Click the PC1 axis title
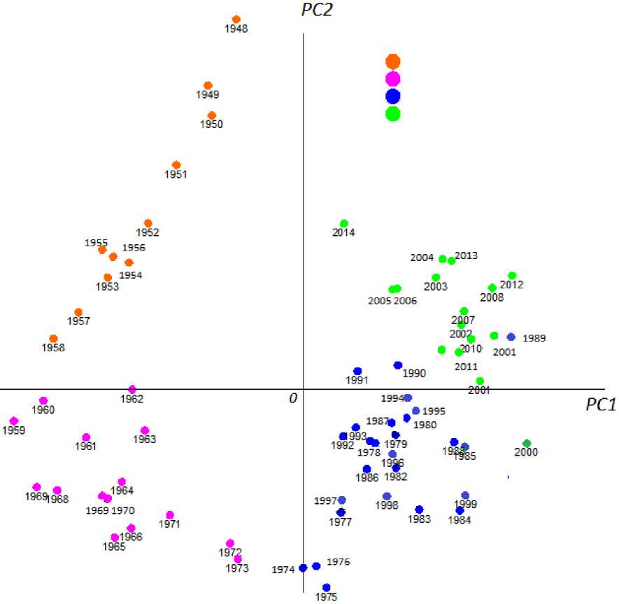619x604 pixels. pos(601,405)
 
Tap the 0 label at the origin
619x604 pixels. pos(293,398)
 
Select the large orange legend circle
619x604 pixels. pos(393,62)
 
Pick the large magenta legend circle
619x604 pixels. pos(393,79)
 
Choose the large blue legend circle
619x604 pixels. pos(393,96)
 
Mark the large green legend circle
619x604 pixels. pos(393,113)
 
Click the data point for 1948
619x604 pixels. pos(236,20)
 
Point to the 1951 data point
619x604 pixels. pos(176,165)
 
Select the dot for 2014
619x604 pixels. pos(344,224)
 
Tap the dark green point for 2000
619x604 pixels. pos(527,443)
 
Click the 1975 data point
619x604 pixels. pos(327,588)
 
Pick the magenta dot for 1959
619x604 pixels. pos(14,421)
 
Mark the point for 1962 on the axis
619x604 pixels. pos(132,389)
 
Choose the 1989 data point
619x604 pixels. pos(511,337)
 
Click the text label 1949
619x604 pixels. pos(208,94)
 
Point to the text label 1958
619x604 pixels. pos(53,347)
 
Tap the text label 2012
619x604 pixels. pos(511,285)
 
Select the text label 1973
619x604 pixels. pos(237,568)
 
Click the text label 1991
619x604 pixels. pos(357,380)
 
